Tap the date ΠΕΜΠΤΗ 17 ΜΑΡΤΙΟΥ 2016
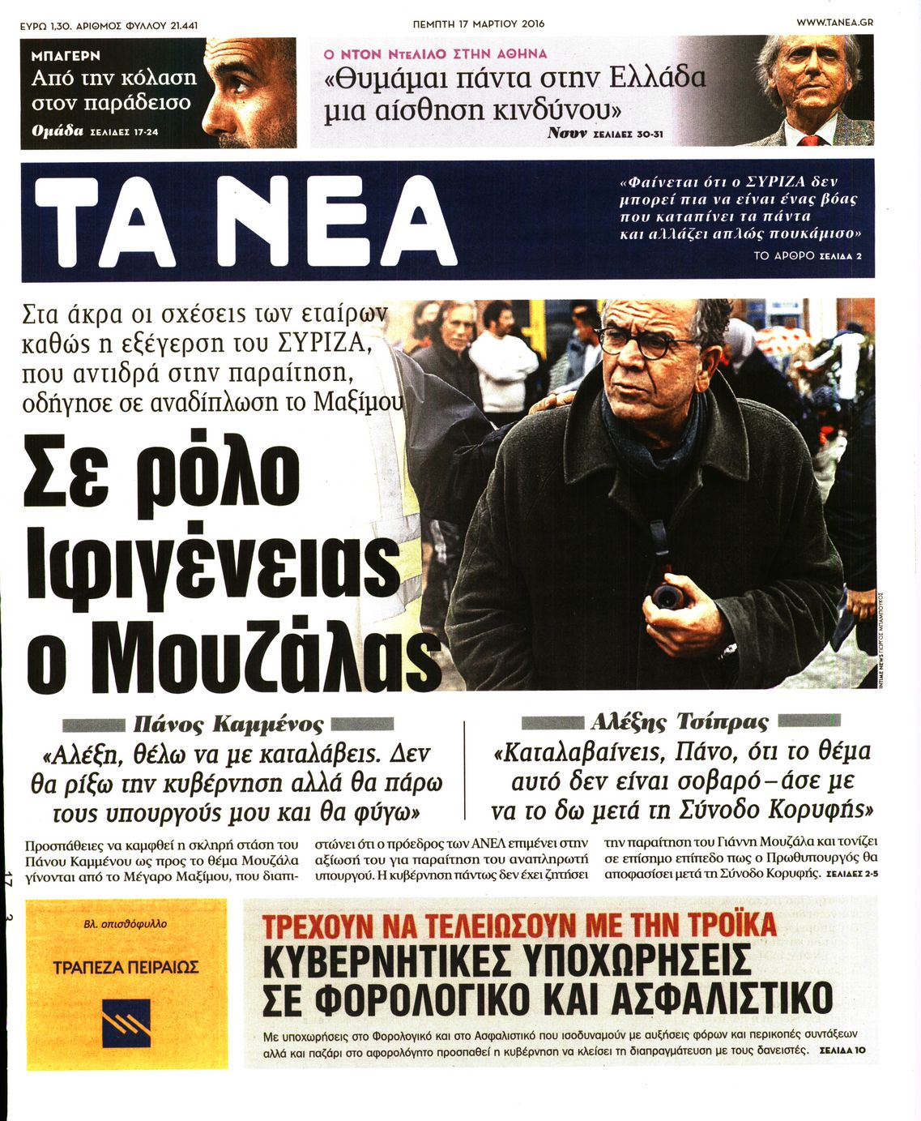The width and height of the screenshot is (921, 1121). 479,24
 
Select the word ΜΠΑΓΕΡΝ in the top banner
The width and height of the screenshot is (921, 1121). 66,56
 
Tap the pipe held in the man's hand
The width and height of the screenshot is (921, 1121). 667,597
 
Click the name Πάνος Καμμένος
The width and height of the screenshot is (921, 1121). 228,724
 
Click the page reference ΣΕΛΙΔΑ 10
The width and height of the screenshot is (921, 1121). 842,1050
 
